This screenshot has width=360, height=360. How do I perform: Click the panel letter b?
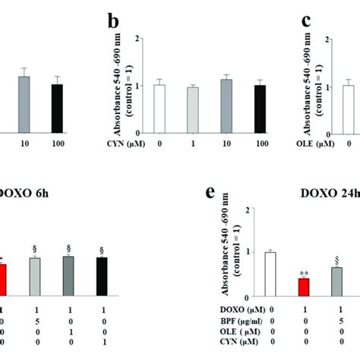tap(113, 23)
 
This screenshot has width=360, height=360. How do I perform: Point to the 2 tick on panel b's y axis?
tap(136, 38)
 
